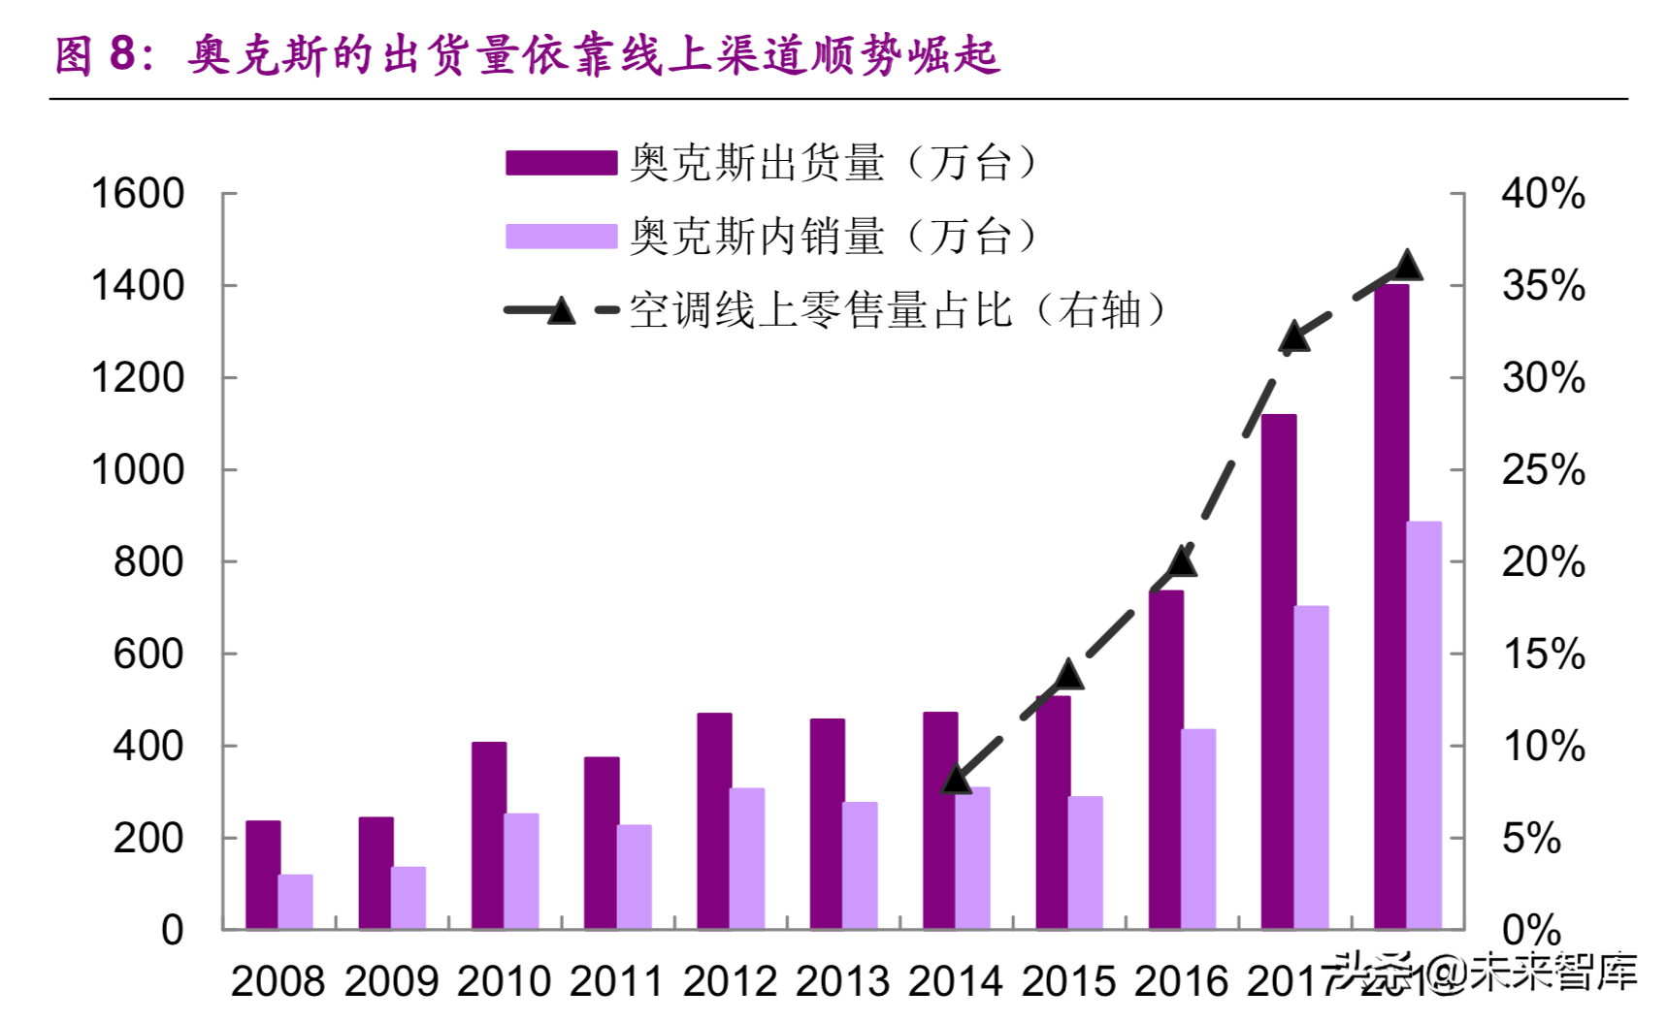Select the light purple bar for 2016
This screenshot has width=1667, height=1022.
coord(1198,829)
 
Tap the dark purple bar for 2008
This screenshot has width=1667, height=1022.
coord(262,875)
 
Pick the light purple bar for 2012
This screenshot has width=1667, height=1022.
coord(747,858)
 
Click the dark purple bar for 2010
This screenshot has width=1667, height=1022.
coord(488,835)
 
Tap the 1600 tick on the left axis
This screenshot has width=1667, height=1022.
coord(137,194)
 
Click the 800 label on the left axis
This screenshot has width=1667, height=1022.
coord(147,562)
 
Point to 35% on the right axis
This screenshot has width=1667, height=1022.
coord(1543,286)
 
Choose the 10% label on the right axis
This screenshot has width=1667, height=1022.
coord(1543,747)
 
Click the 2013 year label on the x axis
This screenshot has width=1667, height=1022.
coord(842,981)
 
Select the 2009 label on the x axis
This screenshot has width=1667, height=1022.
coord(391,981)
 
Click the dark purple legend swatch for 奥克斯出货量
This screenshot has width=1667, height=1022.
coord(561,163)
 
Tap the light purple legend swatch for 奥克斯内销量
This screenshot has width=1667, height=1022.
coord(561,237)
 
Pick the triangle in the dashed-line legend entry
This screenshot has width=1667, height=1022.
coord(561,311)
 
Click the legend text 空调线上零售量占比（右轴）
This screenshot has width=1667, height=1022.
coord(898,311)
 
